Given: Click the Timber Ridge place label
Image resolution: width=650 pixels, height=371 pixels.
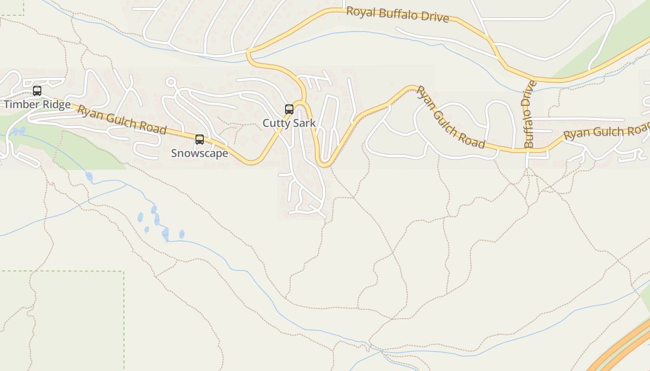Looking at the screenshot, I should (37, 104).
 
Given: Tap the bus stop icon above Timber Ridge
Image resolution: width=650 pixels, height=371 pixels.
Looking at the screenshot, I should (37, 91).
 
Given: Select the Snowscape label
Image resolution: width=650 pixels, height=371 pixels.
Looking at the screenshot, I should (200, 153).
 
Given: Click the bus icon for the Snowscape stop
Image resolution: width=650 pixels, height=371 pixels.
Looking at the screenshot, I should (200, 139).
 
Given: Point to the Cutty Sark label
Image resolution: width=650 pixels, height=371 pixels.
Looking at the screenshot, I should (289, 123).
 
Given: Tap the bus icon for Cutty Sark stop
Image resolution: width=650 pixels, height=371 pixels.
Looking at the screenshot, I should (289, 109).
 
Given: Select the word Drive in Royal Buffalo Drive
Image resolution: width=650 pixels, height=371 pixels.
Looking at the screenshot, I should (435, 17).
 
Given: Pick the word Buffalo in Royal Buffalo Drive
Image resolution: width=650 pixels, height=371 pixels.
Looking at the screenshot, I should (399, 14).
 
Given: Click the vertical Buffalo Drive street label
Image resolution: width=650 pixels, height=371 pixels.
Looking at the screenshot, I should (529, 115).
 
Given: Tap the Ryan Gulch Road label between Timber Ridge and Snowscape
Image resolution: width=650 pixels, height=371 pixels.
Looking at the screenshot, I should (122, 120).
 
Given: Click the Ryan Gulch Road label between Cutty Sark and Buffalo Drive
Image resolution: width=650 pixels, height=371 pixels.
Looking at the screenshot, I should (450, 117).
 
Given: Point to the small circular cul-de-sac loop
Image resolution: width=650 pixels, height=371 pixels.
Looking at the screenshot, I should (171, 82).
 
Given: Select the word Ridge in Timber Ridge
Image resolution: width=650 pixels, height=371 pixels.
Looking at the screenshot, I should (56, 104).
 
